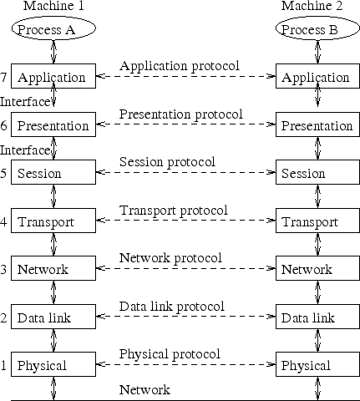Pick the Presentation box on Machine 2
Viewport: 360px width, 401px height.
tap(316, 126)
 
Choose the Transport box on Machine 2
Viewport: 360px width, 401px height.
tap(316, 222)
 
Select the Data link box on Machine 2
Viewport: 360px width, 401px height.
tap(316, 318)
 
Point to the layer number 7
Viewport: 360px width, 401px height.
tap(5, 78)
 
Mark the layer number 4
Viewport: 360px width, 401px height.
tap(5, 222)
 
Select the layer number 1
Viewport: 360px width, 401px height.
tap(5, 366)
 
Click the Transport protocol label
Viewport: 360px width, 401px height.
tap(174, 210)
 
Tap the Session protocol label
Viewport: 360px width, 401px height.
tap(167, 161)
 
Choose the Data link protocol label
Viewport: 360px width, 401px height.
tap(172, 306)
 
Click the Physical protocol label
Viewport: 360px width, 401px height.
tap(170, 354)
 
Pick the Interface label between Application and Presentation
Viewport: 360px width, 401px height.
tap(25, 101)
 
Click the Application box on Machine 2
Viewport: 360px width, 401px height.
tap(316, 78)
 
